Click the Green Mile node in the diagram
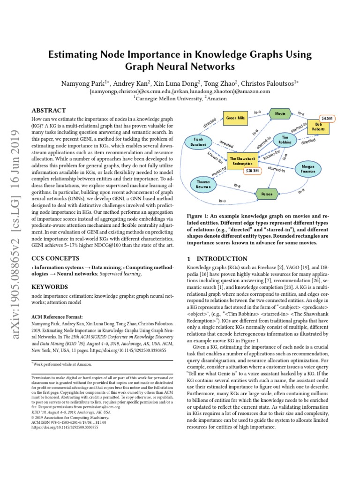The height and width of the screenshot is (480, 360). click(x=236, y=119)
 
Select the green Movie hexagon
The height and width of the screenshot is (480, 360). click(x=280, y=113)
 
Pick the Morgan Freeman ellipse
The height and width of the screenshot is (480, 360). click(x=308, y=170)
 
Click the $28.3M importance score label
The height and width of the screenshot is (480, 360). click(x=252, y=171)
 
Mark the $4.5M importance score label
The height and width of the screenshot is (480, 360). click(x=326, y=118)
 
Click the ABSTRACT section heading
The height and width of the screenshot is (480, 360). click(x=48, y=111)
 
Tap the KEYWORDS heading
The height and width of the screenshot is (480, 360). click(x=50, y=286)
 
